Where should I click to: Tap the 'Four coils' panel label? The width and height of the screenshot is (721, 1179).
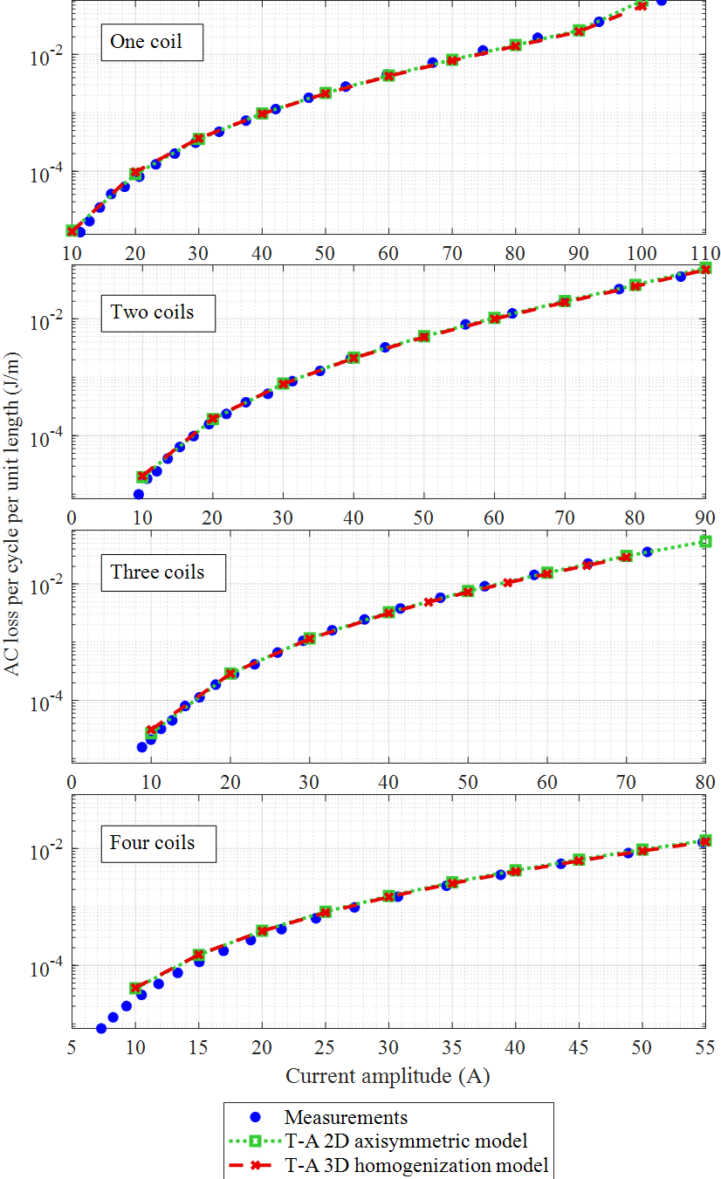157,843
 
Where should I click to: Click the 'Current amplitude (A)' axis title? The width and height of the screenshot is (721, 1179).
388,1076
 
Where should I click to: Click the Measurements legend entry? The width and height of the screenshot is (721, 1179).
346,1117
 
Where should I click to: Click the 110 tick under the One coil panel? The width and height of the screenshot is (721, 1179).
704,251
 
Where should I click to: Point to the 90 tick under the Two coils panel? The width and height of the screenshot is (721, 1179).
704,516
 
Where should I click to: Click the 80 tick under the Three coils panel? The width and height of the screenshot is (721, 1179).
704,780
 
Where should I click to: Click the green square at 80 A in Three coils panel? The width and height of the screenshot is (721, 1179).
705,542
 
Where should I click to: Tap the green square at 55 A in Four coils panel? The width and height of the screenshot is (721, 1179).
705,840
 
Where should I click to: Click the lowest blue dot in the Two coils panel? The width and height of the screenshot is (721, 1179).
138,495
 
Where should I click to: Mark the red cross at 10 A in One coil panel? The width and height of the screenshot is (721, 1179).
72,230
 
